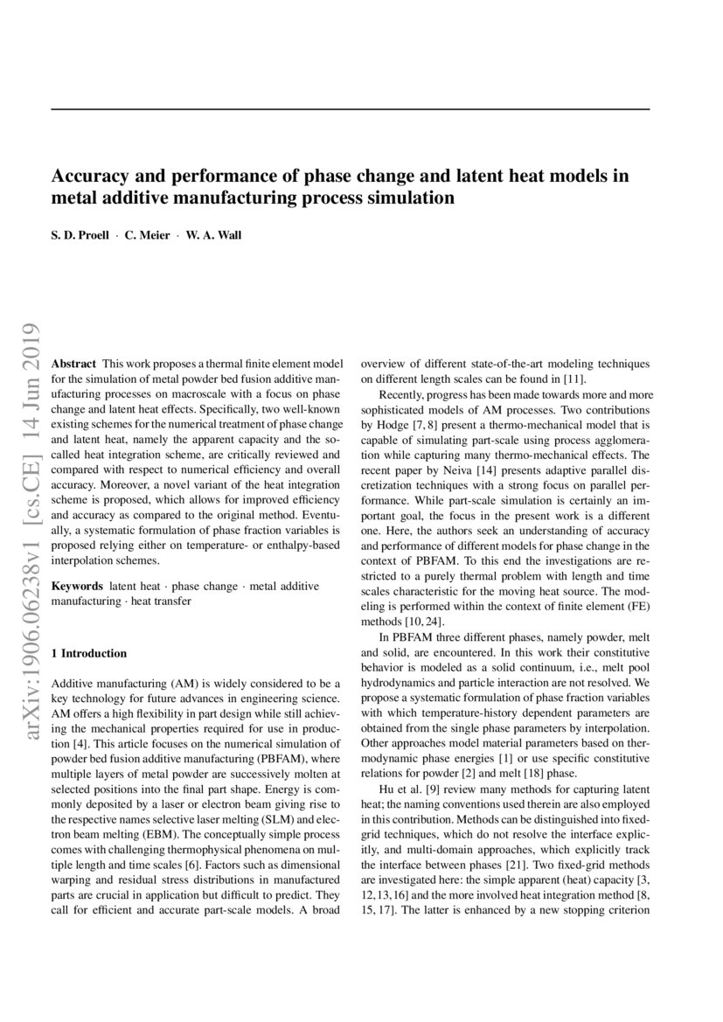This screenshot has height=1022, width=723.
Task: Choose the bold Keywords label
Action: (78, 586)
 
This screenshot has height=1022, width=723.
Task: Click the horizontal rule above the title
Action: (351, 108)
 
